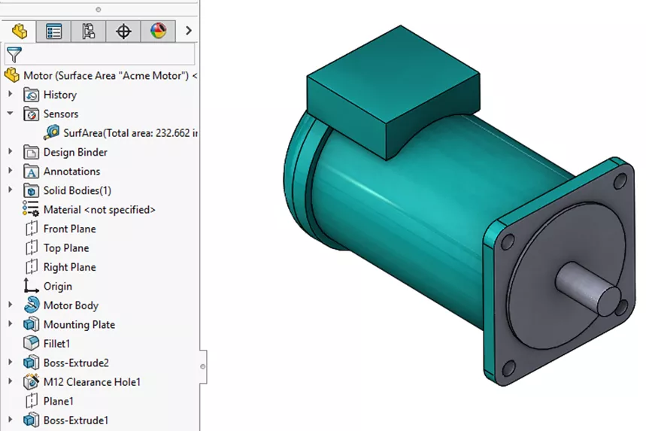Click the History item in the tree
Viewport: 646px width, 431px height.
click(59, 95)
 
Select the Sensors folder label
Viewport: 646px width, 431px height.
click(60, 114)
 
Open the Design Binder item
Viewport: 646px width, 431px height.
click(74, 152)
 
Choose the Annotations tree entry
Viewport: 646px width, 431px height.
click(71, 171)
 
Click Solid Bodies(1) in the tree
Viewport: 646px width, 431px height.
click(77, 190)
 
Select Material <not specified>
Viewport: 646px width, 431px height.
click(99, 210)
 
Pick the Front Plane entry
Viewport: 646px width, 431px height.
click(69, 229)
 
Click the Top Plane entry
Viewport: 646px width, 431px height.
click(65, 248)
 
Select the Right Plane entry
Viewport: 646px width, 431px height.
click(69, 267)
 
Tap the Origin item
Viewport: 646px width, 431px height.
click(57, 287)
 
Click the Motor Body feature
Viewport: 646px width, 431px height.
click(70, 305)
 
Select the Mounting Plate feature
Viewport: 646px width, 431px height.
click(79, 325)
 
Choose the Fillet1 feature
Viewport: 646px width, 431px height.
click(56, 344)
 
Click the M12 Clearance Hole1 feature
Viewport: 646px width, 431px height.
click(92, 382)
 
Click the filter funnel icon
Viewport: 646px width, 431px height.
click(14, 54)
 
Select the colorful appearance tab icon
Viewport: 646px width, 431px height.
click(158, 31)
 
